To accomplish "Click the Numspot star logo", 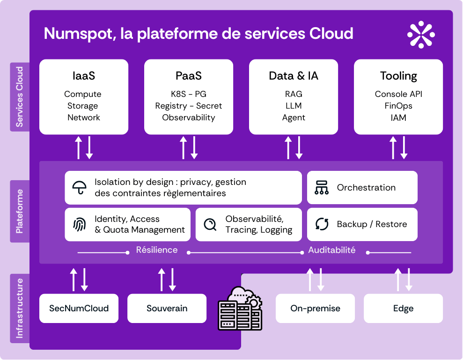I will (421, 35).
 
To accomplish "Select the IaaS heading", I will (84, 76).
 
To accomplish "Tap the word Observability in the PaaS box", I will (189, 118).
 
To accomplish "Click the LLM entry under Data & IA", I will (294, 106).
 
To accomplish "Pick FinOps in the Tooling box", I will (398, 106).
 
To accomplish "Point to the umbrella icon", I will (80, 188).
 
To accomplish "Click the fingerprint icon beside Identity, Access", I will (80, 225).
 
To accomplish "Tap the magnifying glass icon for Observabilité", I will (210, 225).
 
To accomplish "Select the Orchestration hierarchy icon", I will (322, 188).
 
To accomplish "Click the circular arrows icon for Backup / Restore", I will (322, 224).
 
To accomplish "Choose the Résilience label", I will (157, 250).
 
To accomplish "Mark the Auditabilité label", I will (331, 250).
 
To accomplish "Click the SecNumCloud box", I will (79, 309).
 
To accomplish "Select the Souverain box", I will (167, 309).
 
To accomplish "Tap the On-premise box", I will (315, 309).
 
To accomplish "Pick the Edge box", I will (403, 309).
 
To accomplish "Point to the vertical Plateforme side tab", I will (20, 211).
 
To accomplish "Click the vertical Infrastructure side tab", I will (20, 309).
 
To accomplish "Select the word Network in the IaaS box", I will (84, 118).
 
